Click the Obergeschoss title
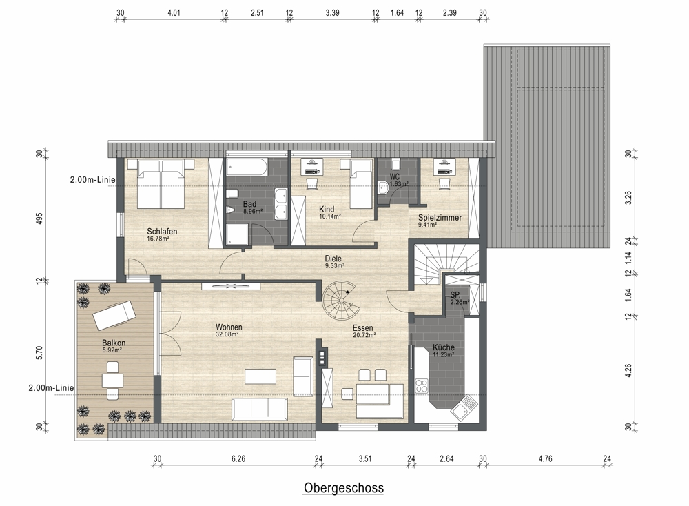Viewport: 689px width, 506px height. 344,487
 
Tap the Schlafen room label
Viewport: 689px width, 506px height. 162,231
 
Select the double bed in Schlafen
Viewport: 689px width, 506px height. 161,184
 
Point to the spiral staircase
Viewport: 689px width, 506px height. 339,301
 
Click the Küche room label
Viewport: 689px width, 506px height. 443,347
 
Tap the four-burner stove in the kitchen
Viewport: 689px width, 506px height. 422,386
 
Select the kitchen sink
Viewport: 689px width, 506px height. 464,407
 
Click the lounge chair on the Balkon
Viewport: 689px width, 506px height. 114,315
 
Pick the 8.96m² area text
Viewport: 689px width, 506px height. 253,211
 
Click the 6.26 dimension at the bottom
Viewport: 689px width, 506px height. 238,459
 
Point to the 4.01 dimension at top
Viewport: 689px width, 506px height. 174,12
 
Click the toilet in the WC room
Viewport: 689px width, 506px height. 395,164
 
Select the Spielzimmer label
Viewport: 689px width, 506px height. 440,218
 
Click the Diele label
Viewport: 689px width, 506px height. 333,259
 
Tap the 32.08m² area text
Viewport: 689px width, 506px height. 227,334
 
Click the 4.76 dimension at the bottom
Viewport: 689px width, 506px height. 545,459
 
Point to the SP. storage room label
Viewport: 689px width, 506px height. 455,296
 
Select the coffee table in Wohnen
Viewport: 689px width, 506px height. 260,377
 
